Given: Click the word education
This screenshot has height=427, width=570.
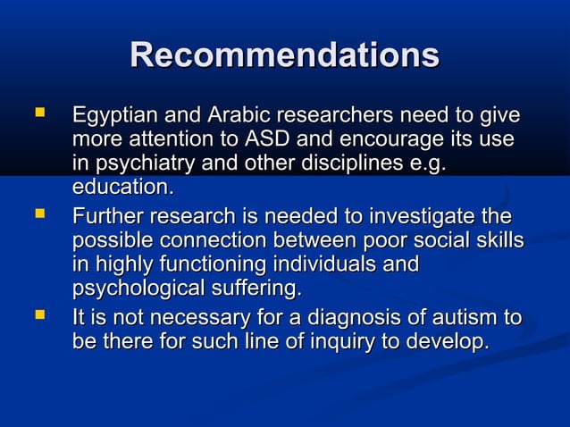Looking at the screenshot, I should pos(121,188).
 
